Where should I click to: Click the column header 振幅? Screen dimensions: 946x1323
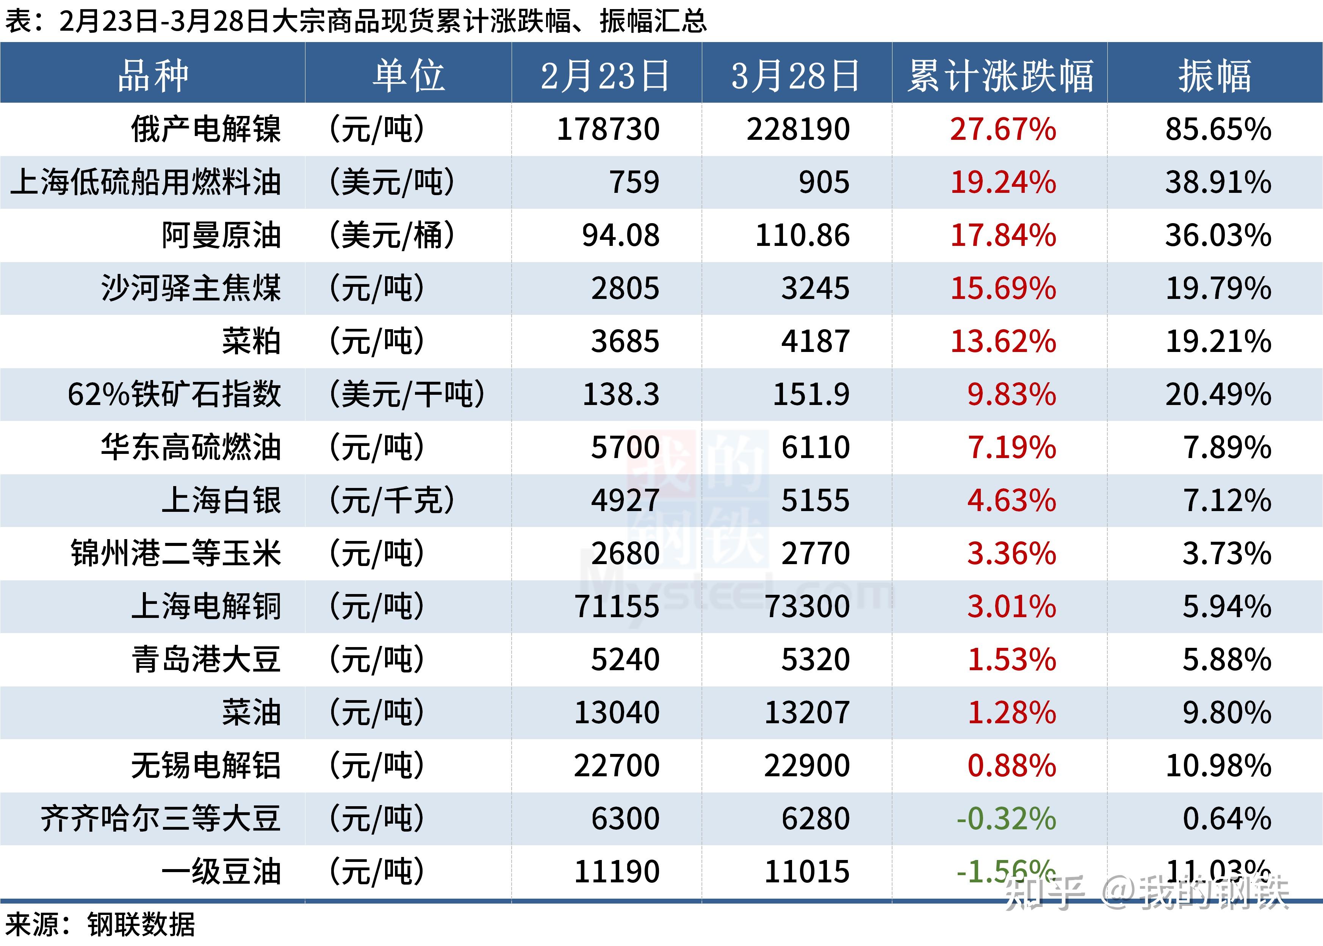pos(1215,76)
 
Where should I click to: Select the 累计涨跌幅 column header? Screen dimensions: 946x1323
pos(1000,76)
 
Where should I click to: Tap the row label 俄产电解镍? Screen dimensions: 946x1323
pos(206,129)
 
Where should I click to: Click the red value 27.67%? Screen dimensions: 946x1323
pos(1003,129)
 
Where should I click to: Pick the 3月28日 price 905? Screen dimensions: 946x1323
pos(824,182)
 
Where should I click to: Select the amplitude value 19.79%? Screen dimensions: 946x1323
pos(1218,288)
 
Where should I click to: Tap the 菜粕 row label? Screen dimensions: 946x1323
pos(251,341)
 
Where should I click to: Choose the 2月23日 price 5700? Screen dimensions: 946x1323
pos(625,447)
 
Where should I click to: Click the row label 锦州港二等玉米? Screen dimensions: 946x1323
pos(176,554)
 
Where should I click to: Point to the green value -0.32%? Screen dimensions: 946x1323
pos(1006,818)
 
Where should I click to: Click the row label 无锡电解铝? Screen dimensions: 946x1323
pos(206,765)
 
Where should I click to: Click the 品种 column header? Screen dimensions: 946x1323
pos(153,76)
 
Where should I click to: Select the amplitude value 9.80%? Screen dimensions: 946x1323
pos(1226,712)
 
